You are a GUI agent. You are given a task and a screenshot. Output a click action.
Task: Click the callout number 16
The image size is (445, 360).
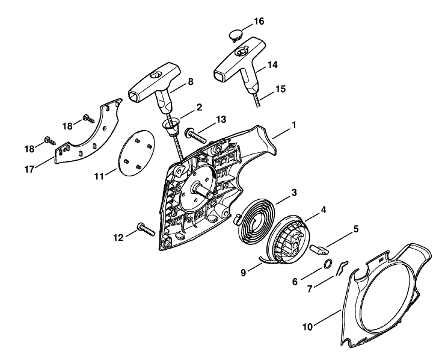point(259,21)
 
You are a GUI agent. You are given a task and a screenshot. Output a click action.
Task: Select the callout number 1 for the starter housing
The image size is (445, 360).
point(293,125)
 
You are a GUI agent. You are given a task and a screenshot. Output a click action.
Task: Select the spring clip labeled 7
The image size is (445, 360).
point(342,267)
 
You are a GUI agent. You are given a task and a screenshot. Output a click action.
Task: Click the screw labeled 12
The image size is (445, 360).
point(146,229)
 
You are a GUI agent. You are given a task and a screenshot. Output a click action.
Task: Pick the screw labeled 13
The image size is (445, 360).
point(195,135)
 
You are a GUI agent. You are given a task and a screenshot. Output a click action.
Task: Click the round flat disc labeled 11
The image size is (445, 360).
point(137,153)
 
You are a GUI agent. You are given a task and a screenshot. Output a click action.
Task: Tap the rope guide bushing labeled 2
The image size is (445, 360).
point(170,127)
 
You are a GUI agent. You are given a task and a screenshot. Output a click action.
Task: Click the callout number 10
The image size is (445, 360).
point(307,327)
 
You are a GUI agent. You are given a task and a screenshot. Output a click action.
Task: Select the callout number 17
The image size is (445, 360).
point(29,170)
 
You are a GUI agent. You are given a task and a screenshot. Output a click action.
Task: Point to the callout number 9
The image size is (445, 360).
point(243,273)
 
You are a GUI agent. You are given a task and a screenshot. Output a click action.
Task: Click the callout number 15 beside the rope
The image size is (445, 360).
point(280,89)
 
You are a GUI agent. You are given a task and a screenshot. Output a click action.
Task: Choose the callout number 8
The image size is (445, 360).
point(191,82)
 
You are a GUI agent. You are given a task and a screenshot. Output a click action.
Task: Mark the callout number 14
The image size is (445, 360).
point(272,65)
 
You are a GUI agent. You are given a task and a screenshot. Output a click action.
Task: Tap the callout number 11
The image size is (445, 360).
point(99,176)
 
